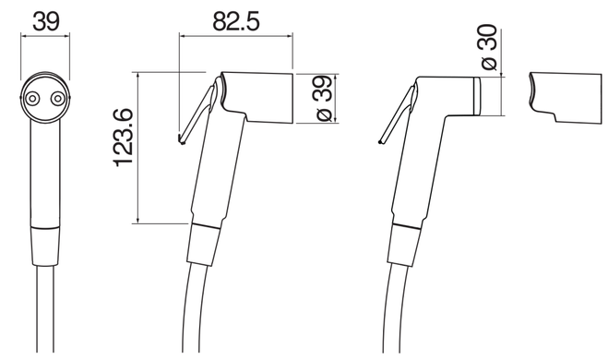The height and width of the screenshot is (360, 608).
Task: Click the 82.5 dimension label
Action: pos(236,21)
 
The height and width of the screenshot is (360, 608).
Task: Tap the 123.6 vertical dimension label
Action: pos(124,138)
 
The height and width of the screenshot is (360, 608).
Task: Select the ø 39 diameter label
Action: pos(324,98)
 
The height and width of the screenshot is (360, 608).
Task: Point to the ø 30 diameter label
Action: pos(488,47)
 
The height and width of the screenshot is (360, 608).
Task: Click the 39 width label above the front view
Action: pos(46,21)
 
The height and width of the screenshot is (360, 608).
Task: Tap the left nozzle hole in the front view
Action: pos(31,99)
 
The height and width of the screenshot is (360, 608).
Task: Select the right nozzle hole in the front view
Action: pos(58,99)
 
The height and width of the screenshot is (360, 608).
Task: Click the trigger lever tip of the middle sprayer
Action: pos(181,139)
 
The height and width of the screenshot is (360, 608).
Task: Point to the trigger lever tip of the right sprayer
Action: pos(380,140)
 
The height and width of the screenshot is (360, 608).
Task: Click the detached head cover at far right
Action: pos(566,98)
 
